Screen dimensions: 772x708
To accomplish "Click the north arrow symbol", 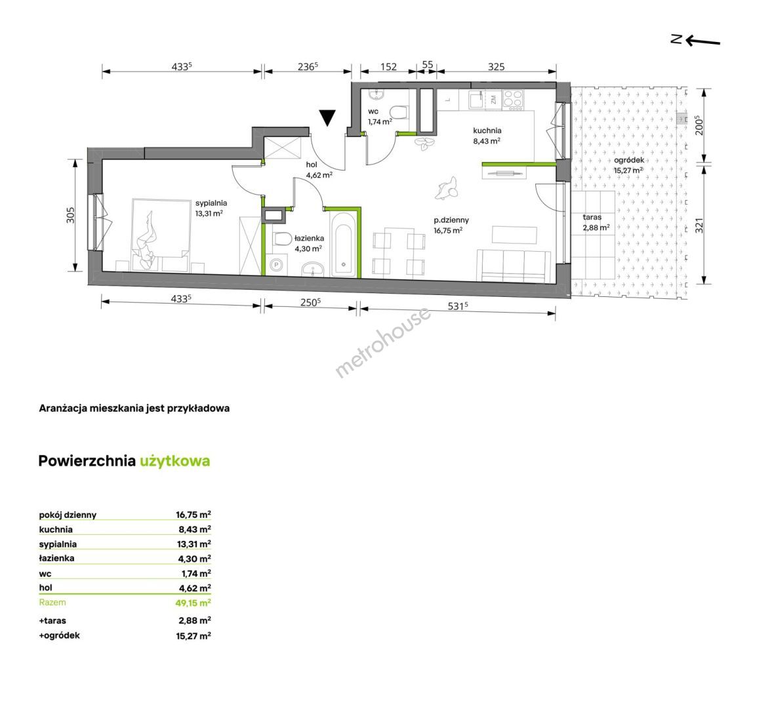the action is pyautogui.click(x=695, y=40).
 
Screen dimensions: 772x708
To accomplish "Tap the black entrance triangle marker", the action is pyautogui.click(x=327, y=118).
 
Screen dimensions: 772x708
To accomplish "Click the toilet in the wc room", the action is pyautogui.click(x=398, y=112).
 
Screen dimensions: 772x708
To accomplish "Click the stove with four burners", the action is pyautogui.click(x=513, y=100).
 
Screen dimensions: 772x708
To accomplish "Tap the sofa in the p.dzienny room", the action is pyautogui.click(x=514, y=265).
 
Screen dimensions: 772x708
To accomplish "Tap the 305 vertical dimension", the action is pyautogui.click(x=71, y=214).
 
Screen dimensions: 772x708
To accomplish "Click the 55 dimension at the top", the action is pyautogui.click(x=428, y=65).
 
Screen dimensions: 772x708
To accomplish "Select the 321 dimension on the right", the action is pyautogui.click(x=699, y=225).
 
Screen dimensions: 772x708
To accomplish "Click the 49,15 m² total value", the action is pyautogui.click(x=193, y=602).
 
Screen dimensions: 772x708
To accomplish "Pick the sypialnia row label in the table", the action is pyautogui.click(x=58, y=544).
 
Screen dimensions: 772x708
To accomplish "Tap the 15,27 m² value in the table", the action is pyautogui.click(x=193, y=636).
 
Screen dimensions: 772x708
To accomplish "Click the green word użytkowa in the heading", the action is pyautogui.click(x=174, y=461).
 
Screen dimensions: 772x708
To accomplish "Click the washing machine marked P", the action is pyautogui.click(x=277, y=265).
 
